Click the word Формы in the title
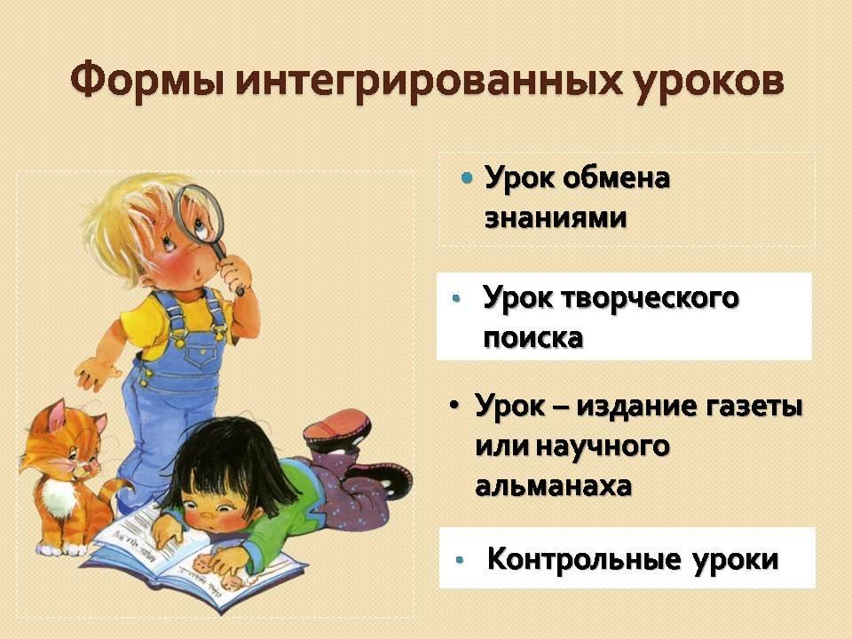147,82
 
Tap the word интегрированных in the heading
428,83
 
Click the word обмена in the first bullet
616,178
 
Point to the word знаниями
556,218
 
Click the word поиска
533,337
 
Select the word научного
603,446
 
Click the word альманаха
553,485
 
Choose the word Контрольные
584,558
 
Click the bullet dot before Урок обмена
467,177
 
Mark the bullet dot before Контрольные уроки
460,560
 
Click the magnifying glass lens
199,214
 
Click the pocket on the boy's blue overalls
201,352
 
